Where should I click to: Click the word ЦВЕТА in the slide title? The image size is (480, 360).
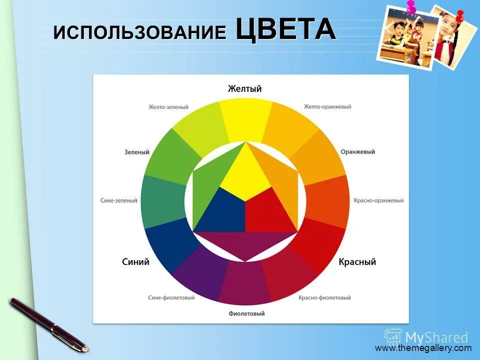pos(285,29)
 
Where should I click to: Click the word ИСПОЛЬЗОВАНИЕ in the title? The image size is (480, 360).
pos(140,32)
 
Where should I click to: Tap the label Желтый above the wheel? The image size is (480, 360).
pos(244,89)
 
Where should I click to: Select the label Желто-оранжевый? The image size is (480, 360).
pos(327,106)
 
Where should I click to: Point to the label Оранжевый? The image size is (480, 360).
pos(357,152)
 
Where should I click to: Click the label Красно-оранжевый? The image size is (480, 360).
pos(378,200)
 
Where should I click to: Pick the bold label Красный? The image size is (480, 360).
pos(357,261)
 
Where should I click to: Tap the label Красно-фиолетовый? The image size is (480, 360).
pos(324,297)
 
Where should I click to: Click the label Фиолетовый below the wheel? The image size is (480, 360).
pos(246,314)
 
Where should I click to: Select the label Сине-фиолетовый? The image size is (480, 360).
pos(171,297)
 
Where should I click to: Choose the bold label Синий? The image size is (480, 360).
pos(135,261)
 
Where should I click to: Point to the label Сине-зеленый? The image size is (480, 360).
pos(118,200)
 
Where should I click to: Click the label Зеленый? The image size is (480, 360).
pos(136,152)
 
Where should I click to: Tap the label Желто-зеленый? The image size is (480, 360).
pos(168,106)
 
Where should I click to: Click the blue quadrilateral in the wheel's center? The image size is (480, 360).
pos(222,212)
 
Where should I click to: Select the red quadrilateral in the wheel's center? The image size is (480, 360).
pos(267,212)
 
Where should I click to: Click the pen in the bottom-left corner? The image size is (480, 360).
pos(47,323)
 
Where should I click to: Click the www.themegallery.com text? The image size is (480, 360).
pos(423,348)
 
